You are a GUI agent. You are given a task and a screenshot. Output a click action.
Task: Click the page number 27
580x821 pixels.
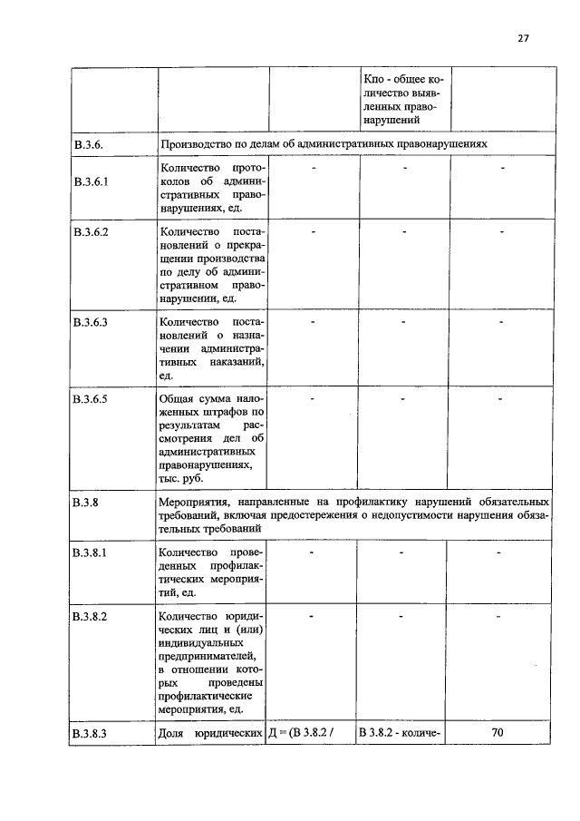[x=523, y=37]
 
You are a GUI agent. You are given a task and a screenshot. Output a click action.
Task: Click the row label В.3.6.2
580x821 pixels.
[x=92, y=233]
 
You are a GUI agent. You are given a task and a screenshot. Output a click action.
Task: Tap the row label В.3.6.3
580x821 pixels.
[x=92, y=322]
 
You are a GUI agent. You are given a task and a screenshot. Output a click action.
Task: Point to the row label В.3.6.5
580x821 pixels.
[x=92, y=397]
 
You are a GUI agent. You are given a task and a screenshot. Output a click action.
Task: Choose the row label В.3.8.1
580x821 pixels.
[x=92, y=552]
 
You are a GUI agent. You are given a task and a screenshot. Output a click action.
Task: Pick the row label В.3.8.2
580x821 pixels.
[x=92, y=616]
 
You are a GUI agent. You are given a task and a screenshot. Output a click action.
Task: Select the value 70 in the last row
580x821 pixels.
[x=498, y=732]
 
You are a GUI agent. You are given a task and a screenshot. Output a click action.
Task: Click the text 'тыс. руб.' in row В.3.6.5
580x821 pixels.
[x=181, y=478]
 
